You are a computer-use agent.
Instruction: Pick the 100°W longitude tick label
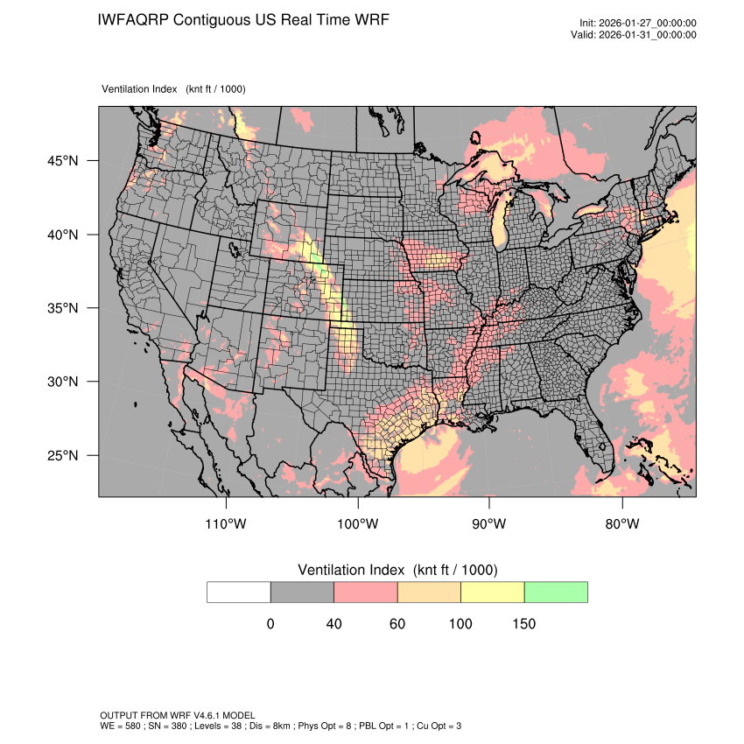358,524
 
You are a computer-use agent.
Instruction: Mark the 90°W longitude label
489,524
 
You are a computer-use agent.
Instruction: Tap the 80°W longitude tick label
622,524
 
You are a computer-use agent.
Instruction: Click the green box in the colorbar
556,592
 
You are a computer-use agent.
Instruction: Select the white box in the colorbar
239,592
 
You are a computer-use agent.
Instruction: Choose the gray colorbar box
302,592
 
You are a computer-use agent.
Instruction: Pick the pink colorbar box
366,592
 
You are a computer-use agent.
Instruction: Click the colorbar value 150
523,624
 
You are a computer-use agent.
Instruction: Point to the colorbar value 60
397,624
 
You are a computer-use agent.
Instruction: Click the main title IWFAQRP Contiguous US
243,20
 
